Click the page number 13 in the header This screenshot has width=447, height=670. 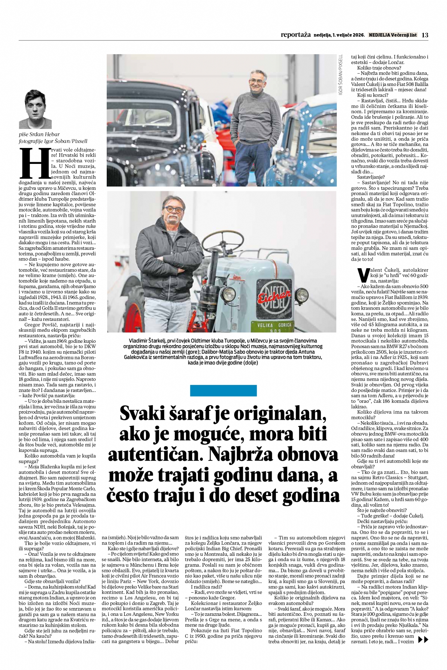pyautogui.click(x=425, y=35)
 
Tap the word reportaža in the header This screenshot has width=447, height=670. pyautogui.click(x=295, y=35)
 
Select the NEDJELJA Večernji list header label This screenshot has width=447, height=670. pyautogui.click(x=393, y=35)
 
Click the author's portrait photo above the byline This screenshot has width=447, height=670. pyautogui.click(x=35, y=109)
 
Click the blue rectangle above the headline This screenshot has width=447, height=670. pyautogui.click(x=223, y=391)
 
